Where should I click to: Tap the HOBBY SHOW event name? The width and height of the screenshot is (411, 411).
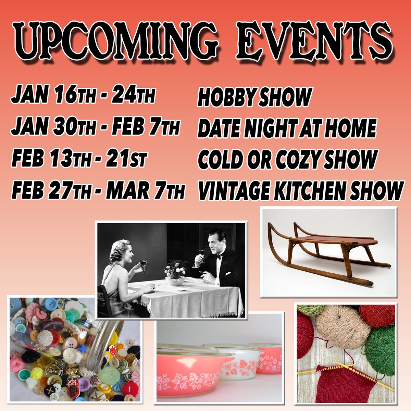pyautogui.click(x=254, y=97)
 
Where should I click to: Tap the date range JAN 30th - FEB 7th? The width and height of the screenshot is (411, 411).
pyautogui.click(x=96, y=128)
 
